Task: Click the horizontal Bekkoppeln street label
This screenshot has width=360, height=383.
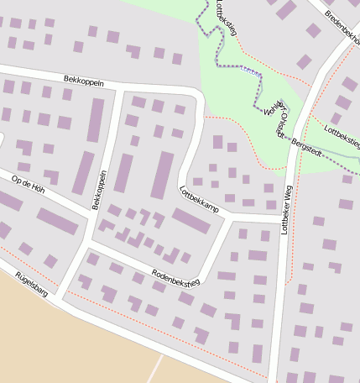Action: coord(83,79)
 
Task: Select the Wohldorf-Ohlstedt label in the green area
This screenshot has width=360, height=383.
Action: coord(276,118)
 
